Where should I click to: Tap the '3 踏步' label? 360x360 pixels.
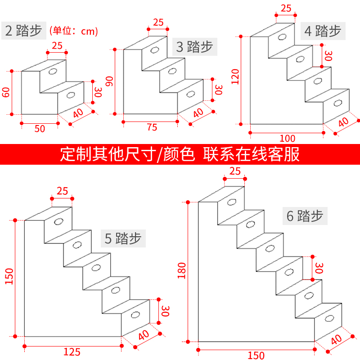[x=193, y=46]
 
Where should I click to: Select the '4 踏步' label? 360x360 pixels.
[x=323, y=31]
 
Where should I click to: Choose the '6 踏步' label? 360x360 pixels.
[x=305, y=216]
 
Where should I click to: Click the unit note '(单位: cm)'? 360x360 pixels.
[x=73, y=31]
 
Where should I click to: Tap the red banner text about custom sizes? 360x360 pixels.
[x=180, y=154]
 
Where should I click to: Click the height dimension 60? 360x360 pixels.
[x=6, y=93]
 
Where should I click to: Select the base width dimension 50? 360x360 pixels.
[x=40, y=129]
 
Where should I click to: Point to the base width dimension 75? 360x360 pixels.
[x=152, y=127]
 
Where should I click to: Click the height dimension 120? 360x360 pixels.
[x=234, y=80]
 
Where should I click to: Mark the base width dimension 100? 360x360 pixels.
[x=287, y=138]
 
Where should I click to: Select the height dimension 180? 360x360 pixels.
[x=182, y=271]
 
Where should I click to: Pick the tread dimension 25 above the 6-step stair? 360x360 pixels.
[x=234, y=171]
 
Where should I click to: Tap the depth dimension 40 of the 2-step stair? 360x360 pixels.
[x=78, y=114]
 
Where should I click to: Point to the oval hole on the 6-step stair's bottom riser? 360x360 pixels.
[x=329, y=319]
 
